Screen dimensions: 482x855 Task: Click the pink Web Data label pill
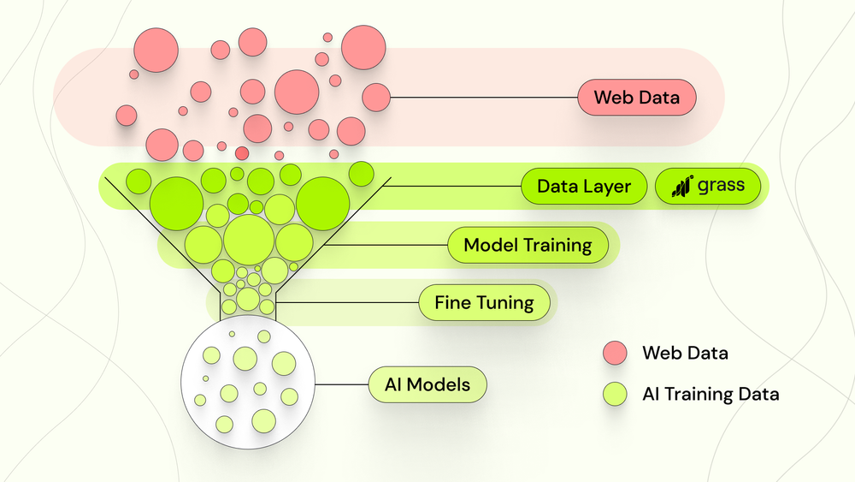637,98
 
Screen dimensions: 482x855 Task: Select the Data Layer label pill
584,187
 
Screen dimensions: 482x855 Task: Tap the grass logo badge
707,187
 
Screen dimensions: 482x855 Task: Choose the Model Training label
528,246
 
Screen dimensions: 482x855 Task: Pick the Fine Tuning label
484,302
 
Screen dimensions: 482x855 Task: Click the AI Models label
427,385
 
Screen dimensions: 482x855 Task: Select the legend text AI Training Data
711,394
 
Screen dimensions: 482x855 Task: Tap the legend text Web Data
686,353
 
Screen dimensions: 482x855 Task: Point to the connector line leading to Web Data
483,98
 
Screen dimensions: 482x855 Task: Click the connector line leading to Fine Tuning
346,302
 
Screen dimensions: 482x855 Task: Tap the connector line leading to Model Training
385,246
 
